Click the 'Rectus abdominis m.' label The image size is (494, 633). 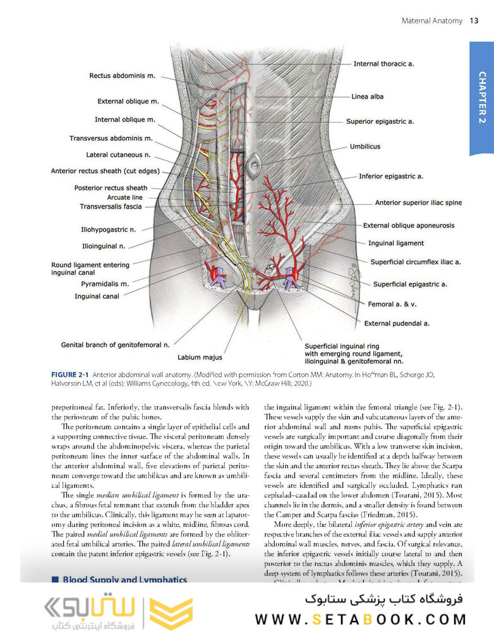tap(122, 76)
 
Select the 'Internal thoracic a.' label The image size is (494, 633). tap(383, 64)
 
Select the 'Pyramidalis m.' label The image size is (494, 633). tap(105, 284)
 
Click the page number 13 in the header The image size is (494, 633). tap(474, 21)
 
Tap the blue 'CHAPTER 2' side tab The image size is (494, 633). tap(481, 98)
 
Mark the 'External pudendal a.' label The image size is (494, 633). tap(397, 323)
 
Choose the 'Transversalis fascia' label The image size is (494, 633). tap(111, 207)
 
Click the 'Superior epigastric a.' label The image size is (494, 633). tap(380, 121)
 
